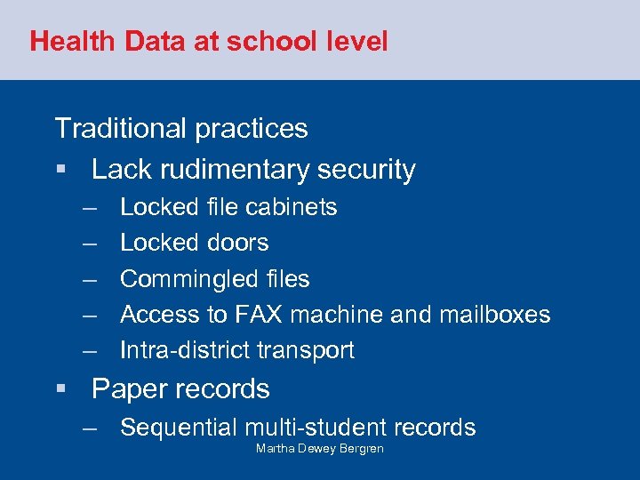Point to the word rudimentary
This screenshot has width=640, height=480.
point(225,170)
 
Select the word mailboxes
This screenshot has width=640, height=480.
point(493,315)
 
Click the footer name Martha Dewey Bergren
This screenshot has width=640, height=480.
point(320,449)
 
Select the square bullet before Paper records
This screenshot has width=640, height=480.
point(60,389)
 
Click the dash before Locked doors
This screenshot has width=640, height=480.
point(90,244)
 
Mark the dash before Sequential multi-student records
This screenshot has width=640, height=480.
point(90,428)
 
